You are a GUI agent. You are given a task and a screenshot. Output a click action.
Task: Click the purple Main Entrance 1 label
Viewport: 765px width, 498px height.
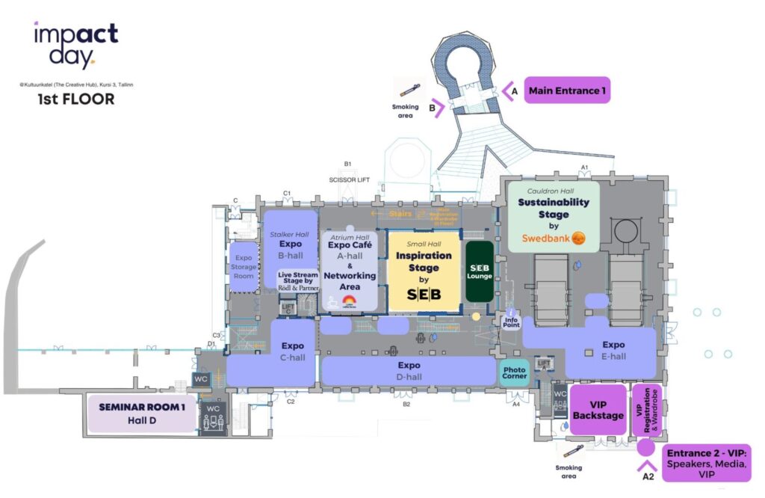pyautogui.click(x=567, y=90)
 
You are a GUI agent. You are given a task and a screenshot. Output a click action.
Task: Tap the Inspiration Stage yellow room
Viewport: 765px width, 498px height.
pyautogui.click(x=424, y=271)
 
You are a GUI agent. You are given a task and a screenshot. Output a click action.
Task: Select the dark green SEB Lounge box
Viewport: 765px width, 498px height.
pyautogui.click(x=479, y=271)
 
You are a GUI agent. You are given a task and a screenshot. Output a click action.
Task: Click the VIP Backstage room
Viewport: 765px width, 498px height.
pyautogui.click(x=597, y=411)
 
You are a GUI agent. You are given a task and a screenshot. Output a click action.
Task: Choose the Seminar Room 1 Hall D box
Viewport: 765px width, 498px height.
pyautogui.click(x=141, y=414)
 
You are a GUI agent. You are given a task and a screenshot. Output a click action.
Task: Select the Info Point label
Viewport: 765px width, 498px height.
pyautogui.click(x=512, y=321)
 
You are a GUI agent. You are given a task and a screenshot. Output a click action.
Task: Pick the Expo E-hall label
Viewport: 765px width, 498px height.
pyautogui.click(x=613, y=351)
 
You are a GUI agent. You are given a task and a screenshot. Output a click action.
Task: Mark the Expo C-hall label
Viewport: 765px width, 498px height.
pyautogui.click(x=293, y=351)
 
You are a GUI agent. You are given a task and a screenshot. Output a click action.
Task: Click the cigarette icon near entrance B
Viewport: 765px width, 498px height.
pyautogui.click(x=407, y=90)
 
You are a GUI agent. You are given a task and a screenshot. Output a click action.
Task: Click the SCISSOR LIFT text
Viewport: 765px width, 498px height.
pyautogui.click(x=350, y=180)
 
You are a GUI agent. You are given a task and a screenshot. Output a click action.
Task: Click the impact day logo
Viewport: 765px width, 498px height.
pyautogui.click(x=75, y=43)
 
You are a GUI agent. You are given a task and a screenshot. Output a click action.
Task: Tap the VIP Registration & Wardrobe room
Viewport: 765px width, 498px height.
pyautogui.click(x=648, y=412)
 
